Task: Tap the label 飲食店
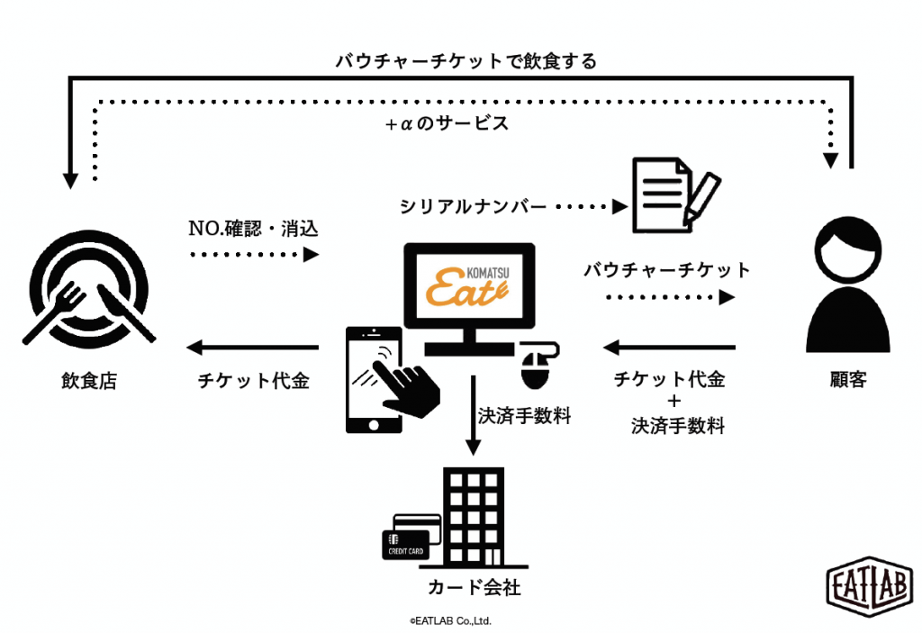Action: (88, 381)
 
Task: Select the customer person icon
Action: (847, 288)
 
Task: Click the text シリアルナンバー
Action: (473, 207)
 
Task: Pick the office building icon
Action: (472, 517)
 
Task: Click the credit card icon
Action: (409, 538)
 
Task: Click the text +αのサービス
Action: (447, 124)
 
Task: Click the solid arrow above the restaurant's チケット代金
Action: (253, 348)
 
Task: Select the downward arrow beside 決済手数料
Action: (471, 420)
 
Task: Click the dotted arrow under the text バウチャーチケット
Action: (670, 297)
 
